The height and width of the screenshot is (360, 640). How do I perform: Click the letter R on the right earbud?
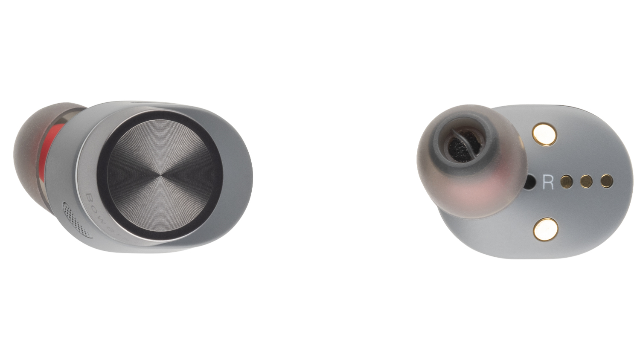pos(547,182)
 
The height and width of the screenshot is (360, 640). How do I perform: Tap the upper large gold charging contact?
pos(544,134)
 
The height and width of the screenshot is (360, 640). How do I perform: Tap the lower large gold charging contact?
pos(545,229)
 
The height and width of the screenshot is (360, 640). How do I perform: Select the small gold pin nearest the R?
pos(567,181)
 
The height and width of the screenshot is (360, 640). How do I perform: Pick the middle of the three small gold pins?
pos(587,181)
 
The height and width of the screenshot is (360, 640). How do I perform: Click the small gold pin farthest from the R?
pos(606,181)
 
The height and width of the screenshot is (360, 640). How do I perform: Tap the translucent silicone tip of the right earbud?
pos(469,192)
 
